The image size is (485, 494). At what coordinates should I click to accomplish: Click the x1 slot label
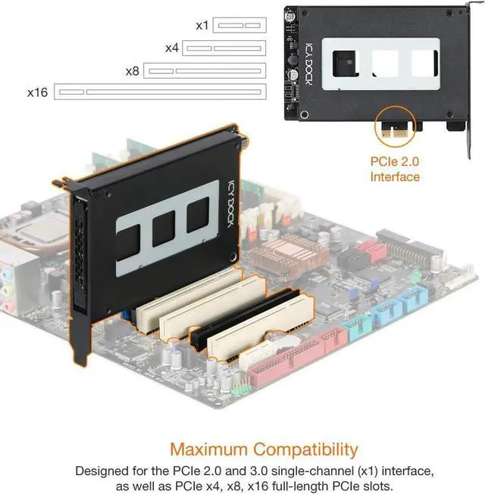pos(202,25)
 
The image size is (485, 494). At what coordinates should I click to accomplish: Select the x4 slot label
pos(171,48)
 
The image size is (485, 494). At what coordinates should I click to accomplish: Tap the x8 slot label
pos(133,70)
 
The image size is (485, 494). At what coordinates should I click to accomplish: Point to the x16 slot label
pos(38,92)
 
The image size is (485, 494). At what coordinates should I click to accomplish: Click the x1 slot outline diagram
pos(239,25)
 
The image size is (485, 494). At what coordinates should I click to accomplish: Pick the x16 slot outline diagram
pos(161,92)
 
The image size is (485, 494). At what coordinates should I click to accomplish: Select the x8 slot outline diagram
pos(205,70)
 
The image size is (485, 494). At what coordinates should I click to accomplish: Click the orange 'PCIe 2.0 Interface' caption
pos(394,169)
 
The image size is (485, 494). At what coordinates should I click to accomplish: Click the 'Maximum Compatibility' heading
pos(264,449)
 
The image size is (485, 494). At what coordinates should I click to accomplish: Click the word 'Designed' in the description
pos(102,471)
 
